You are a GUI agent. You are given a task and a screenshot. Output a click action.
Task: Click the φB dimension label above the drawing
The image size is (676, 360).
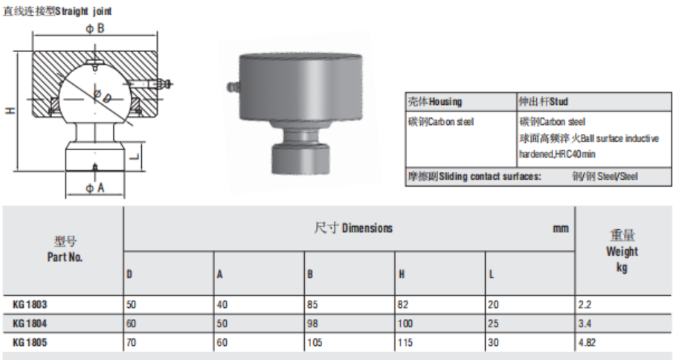click(x=95, y=28)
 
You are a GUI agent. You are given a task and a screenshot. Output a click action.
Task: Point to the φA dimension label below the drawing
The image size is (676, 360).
click(x=95, y=188)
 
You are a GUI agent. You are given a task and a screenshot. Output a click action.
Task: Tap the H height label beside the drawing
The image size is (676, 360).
click(x=10, y=110)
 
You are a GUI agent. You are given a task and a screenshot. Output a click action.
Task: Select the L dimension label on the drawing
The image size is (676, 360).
click(x=135, y=155)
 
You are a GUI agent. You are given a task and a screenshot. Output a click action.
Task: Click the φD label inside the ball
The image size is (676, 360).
click(x=103, y=96)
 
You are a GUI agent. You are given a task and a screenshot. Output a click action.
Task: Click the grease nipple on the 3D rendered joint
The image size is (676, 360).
click(x=232, y=87)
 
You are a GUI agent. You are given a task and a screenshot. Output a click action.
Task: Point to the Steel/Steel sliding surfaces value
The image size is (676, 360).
click(x=605, y=176)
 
